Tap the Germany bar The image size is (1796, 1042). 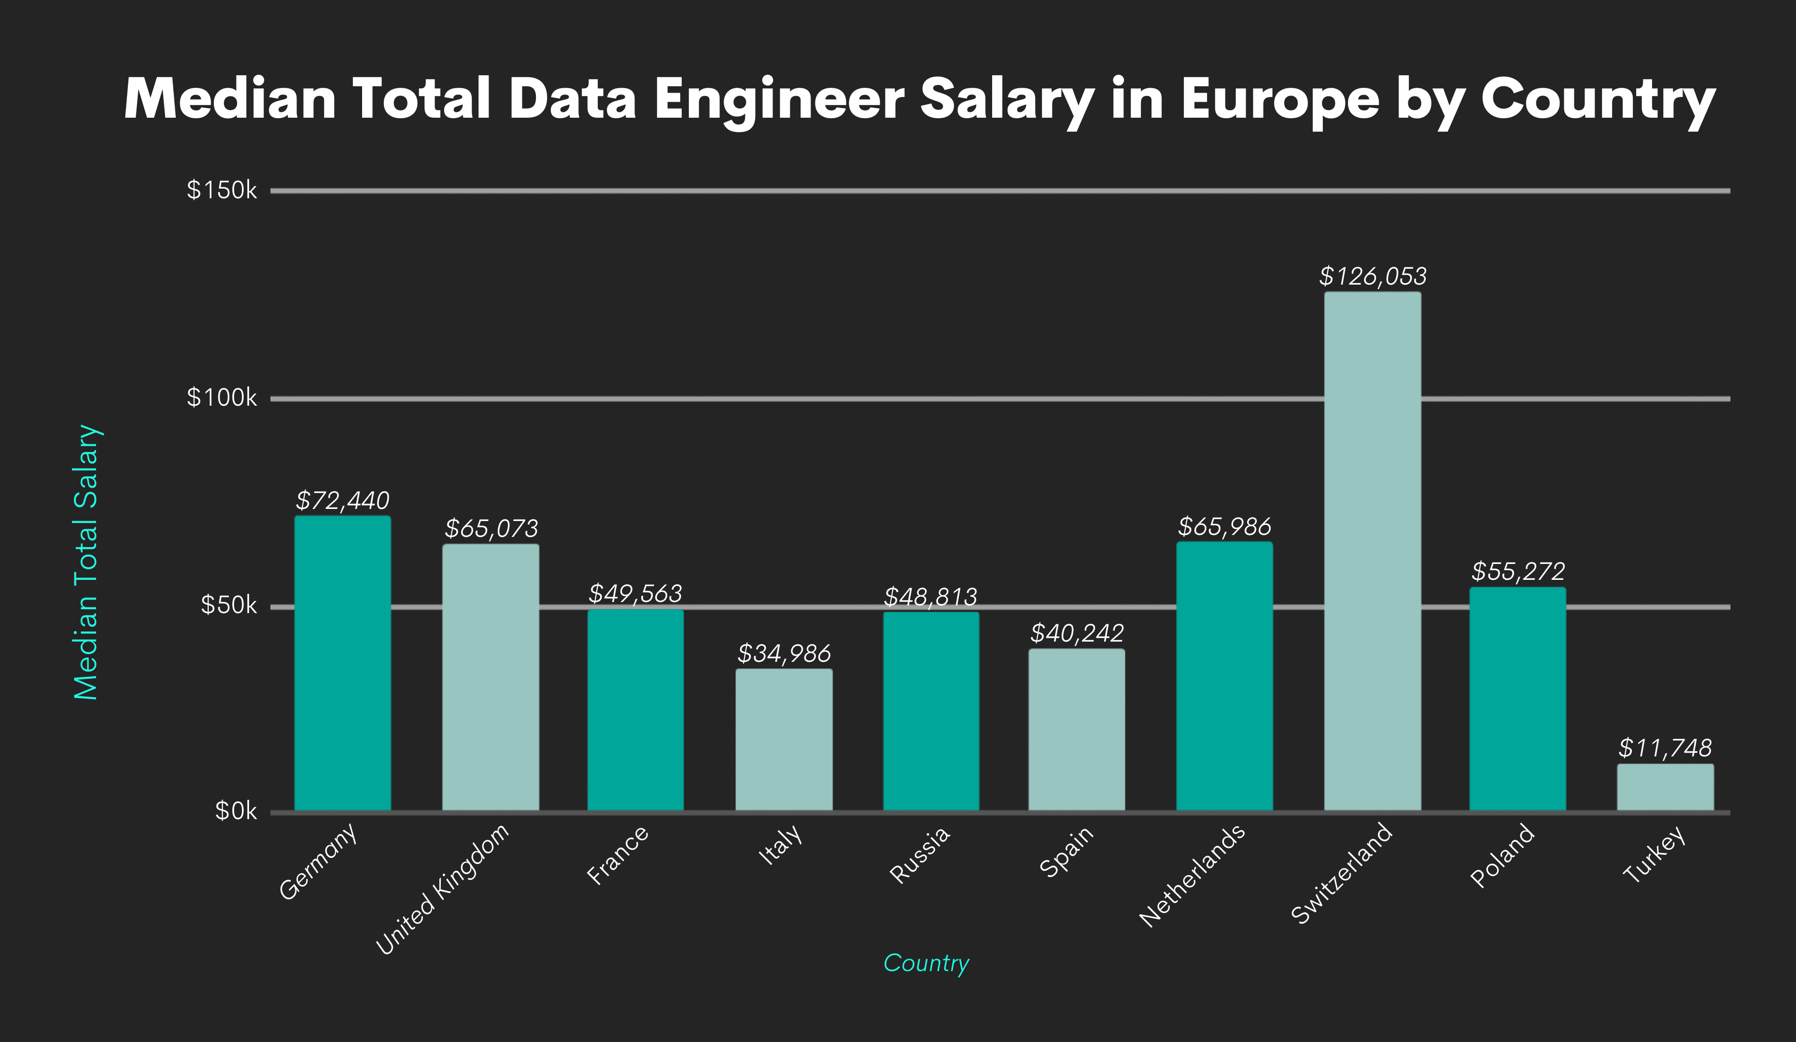click(x=342, y=663)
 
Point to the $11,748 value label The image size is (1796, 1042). click(x=1664, y=748)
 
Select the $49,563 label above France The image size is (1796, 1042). click(x=635, y=593)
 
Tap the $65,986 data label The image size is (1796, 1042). click(x=1224, y=527)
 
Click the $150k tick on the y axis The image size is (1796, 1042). click(x=221, y=190)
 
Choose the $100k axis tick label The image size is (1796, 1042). click(x=221, y=398)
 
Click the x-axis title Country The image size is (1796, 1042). click(x=926, y=963)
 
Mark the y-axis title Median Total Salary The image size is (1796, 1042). click(x=86, y=562)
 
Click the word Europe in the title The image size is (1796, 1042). click(x=1279, y=100)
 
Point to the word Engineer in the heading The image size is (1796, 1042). click(x=779, y=100)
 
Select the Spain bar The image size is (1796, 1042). click(x=1076, y=729)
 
